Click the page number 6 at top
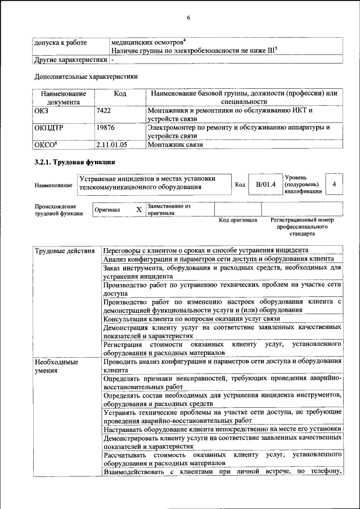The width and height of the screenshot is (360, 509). tap(188, 17)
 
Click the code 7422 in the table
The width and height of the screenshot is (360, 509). tap(103, 111)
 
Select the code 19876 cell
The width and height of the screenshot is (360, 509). tap(106, 128)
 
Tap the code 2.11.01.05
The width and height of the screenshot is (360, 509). tap(112, 145)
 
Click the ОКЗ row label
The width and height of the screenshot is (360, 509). tap(42, 111)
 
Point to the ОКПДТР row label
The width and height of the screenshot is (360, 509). tap(49, 128)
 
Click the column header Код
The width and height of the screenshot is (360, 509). tap(120, 93)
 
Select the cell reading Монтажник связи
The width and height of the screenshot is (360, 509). tap(175, 145)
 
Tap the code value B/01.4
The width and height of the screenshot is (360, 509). tap(265, 184)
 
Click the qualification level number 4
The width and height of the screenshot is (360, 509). tap(335, 184)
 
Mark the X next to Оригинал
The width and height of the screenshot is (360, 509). tap(138, 209)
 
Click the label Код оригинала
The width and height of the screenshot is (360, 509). tap(238, 220)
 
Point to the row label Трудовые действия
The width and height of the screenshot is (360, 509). tap(64, 250)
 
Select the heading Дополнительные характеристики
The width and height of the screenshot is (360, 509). tap(86, 76)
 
